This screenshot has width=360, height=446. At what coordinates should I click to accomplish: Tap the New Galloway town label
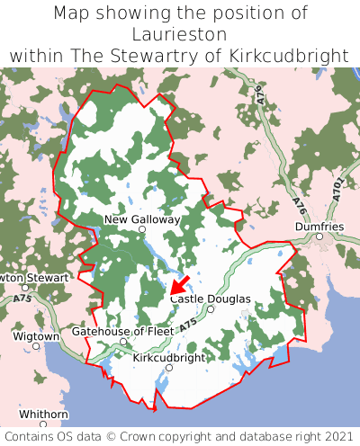[142, 219]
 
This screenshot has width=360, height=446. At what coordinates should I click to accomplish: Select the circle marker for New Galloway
[141, 230]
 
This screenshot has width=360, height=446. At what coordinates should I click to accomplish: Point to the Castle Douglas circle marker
[211, 309]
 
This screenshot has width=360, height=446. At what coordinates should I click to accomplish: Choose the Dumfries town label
[319, 227]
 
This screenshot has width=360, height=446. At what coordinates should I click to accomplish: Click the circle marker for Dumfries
[319, 236]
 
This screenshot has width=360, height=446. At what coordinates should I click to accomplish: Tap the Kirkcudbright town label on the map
[169, 357]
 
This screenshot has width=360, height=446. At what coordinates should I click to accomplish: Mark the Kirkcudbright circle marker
[169, 367]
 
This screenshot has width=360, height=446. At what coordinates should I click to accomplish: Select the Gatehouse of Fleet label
[122, 331]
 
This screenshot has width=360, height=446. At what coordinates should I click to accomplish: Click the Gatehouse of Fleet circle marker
[123, 342]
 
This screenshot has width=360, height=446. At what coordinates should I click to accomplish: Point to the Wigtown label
[36, 335]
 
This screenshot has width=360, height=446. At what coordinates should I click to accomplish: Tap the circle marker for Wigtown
[36, 345]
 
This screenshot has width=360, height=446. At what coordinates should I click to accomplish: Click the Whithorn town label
[43, 414]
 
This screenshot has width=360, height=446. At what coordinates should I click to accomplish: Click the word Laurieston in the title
[180, 34]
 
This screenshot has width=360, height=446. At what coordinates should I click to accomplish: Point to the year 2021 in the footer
[329, 436]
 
